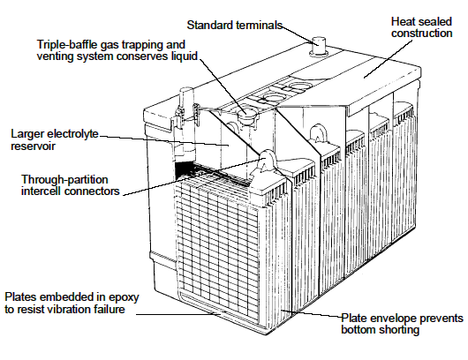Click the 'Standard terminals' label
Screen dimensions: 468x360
[235, 25]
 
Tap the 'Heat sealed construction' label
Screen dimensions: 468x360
[421, 27]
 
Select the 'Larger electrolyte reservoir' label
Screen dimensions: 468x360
[55, 139]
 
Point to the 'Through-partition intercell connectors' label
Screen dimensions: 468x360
[70, 185]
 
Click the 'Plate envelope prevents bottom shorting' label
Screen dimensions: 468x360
[402, 324]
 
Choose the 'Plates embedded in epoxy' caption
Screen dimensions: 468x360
[72, 297]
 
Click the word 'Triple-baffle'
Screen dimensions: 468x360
[67, 44]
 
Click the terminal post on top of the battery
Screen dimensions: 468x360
[319, 46]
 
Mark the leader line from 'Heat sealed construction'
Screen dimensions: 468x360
[388, 58]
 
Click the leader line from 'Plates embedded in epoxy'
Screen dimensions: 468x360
[178, 314]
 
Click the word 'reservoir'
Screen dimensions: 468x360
[33, 146]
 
